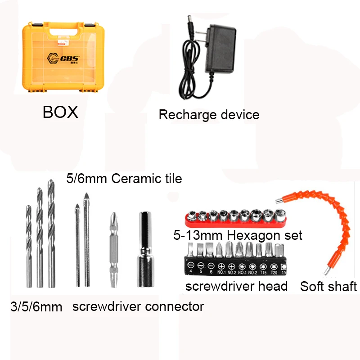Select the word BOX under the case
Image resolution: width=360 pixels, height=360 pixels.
[x=60, y=112]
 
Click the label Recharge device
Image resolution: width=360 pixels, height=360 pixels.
[x=209, y=114]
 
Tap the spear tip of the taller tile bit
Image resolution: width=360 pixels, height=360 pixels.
[x=86, y=198]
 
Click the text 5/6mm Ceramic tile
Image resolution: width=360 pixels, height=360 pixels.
[x=124, y=179]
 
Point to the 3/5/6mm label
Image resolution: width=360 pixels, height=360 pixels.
[x=36, y=308]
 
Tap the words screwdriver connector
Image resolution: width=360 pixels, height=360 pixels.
[x=138, y=307]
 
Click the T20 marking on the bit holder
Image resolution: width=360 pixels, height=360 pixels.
[x=274, y=272]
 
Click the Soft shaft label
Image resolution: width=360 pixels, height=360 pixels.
[x=328, y=286]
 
